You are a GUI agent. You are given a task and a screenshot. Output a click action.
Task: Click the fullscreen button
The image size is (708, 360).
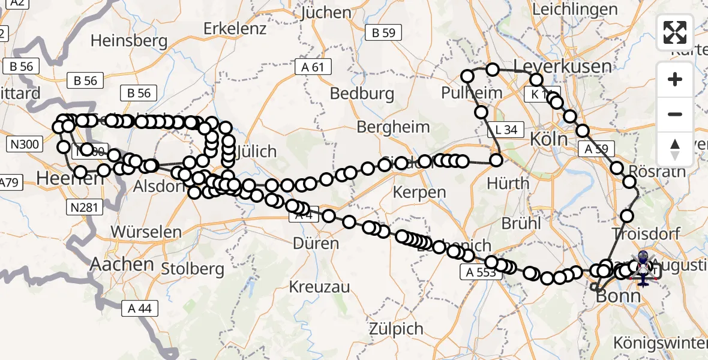[675, 32]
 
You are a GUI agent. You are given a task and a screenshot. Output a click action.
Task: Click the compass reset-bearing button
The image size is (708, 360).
[675, 149]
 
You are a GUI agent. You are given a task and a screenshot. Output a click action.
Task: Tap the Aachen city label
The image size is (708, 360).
[122, 263]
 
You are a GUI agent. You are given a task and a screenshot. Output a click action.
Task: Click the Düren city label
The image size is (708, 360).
[316, 243]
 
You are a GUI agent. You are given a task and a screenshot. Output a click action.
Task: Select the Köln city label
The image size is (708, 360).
[548, 139]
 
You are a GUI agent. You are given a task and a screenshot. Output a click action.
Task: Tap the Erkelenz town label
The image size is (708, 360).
[235, 28]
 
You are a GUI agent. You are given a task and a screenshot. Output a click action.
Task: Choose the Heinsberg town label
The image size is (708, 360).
[128, 41]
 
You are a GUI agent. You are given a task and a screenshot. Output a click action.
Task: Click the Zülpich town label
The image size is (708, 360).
[395, 328]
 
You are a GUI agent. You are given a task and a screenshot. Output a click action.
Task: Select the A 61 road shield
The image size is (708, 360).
[313, 67]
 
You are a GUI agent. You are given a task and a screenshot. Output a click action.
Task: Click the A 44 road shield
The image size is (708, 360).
[140, 308]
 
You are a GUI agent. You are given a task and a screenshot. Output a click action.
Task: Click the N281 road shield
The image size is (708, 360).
[85, 207]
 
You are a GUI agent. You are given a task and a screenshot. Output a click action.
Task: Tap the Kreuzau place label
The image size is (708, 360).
[319, 287]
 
